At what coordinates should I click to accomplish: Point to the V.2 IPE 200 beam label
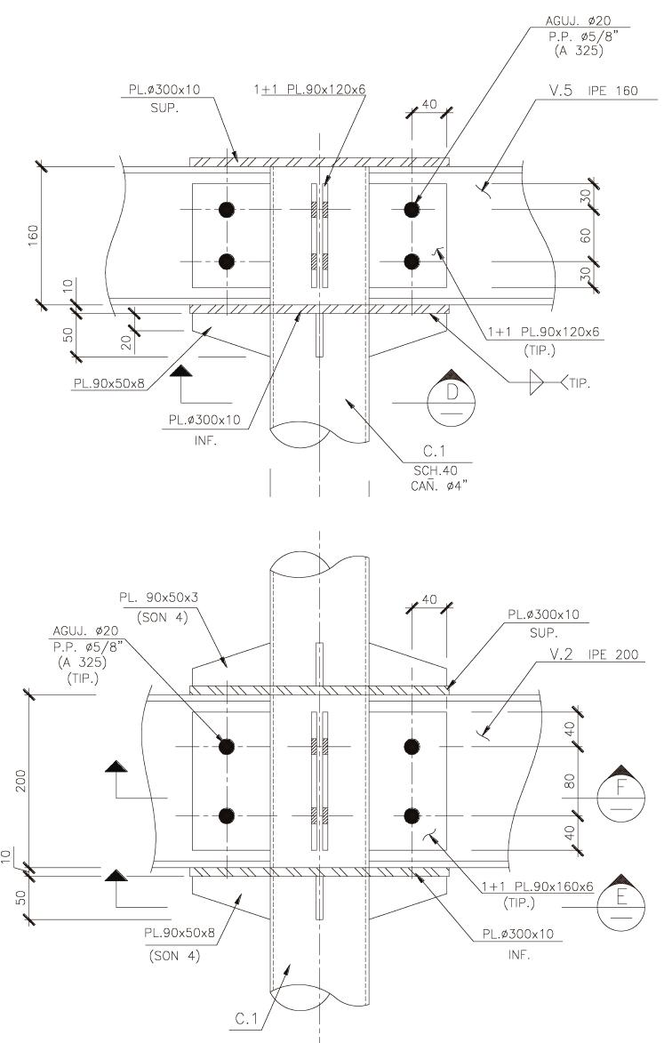[x=594, y=654]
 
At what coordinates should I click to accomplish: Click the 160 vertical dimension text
[x=33, y=236]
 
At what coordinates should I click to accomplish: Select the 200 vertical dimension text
[x=20, y=782]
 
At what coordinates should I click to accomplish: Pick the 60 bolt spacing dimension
[x=585, y=236]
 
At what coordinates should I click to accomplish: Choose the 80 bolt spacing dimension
[x=569, y=781]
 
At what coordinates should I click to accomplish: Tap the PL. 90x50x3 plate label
[x=159, y=598]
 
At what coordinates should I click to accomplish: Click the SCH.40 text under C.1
[x=436, y=470]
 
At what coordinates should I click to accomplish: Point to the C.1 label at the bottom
[x=246, y=1018]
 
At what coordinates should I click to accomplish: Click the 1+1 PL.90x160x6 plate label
[x=537, y=887]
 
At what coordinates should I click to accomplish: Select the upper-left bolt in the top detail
[x=227, y=210]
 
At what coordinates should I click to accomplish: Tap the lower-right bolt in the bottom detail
[x=412, y=815]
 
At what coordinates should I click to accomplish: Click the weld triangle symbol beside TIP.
[x=537, y=382]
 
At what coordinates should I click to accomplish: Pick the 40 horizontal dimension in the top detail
[x=429, y=104]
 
